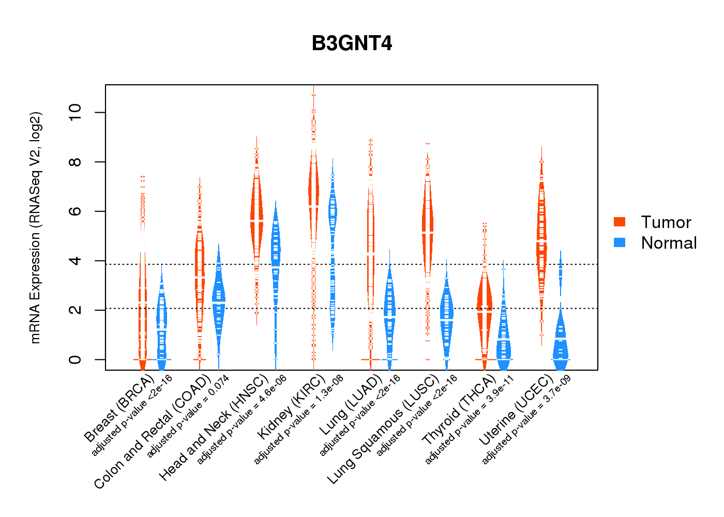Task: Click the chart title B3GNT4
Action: (x=352, y=44)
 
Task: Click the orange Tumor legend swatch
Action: (x=620, y=222)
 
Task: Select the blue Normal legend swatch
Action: (x=620, y=242)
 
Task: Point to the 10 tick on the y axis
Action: (x=76, y=112)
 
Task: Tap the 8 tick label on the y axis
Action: (x=76, y=162)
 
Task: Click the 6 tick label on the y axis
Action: (x=76, y=211)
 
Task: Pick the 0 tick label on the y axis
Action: (x=76, y=359)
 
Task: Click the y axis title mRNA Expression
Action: (x=35, y=227)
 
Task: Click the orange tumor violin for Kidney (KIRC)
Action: (x=313, y=191)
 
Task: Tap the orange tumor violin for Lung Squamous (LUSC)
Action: (x=427, y=222)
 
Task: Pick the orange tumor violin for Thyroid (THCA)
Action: (x=485, y=305)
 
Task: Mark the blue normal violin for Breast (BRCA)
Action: (x=162, y=321)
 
